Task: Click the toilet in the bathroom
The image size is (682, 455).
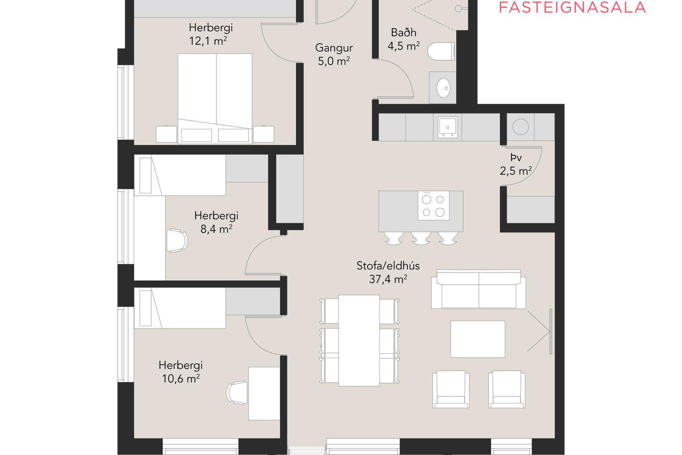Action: pyautogui.click(x=441, y=51)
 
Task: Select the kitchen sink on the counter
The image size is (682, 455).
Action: pyautogui.click(x=448, y=127)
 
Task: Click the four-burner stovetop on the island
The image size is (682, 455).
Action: pyautogui.click(x=433, y=205)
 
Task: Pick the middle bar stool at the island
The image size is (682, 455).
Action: pyautogui.click(x=421, y=238)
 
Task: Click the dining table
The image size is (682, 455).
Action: pyautogui.click(x=359, y=341)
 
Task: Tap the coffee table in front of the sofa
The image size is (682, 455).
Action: pyautogui.click(x=478, y=339)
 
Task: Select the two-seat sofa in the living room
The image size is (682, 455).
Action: pyautogui.click(x=478, y=289)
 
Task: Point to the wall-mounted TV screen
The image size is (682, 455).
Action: pyautogui.click(x=551, y=331)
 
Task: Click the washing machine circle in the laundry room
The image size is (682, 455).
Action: pyautogui.click(x=520, y=127)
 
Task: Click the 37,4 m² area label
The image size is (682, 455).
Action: pyautogui.click(x=388, y=279)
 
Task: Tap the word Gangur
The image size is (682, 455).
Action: pyautogui.click(x=334, y=48)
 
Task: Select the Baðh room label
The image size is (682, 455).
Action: pyautogui.click(x=404, y=32)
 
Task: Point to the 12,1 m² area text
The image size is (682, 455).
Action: pyautogui.click(x=208, y=41)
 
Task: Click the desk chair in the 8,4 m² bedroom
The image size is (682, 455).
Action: pyautogui.click(x=177, y=240)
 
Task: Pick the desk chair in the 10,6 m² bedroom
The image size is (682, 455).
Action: pyautogui.click(x=237, y=393)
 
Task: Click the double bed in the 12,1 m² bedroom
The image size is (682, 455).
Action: pyautogui.click(x=215, y=98)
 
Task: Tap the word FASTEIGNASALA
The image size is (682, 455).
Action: pyautogui.click(x=572, y=7)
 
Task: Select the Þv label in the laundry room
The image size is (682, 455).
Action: pyautogui.click(x=516, y=157)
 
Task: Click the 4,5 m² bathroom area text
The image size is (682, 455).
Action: pyautogui.click(x=404, y=46)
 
